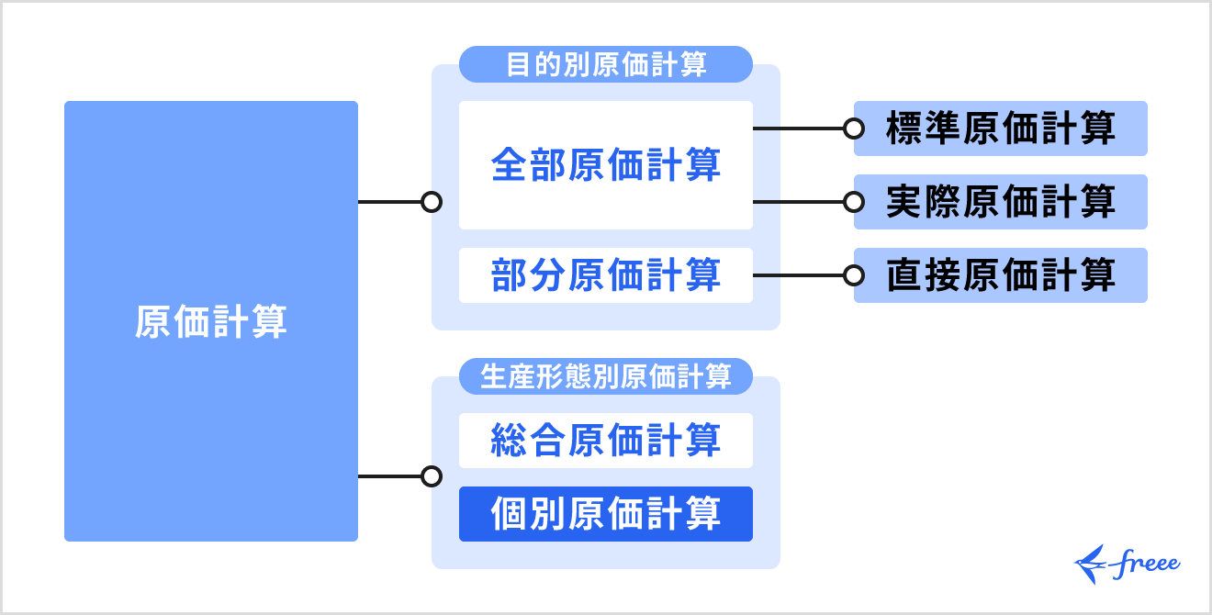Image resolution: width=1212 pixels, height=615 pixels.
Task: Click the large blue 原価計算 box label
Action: pyautogui.click(x=211, y=322)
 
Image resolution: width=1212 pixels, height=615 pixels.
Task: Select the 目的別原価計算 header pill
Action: pyautogui.click(x=606, y=65)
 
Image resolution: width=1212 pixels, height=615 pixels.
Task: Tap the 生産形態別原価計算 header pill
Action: pyautogui.click(x=606, y=376)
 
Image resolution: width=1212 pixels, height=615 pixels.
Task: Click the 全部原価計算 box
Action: pyautogui.click(x=606, y=165)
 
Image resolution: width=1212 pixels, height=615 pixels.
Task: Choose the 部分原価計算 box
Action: pyautogui.click(x=606, y=275)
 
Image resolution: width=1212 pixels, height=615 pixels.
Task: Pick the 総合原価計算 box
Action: pyautogui.click(x=606, y=441)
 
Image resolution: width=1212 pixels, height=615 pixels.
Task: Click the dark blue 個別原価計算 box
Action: pyautogui.click(x=606, y=514)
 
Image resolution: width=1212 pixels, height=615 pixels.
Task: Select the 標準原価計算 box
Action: pyautogui.click(x=1001, y=129)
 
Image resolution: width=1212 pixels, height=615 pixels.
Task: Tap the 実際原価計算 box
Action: pyautogui.click(x=1001, y=202)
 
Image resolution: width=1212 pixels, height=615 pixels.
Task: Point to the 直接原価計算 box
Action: pyautogui.click(x=1001, y=275)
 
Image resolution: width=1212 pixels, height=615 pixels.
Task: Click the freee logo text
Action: pyautogui.click(x=1147, y=563)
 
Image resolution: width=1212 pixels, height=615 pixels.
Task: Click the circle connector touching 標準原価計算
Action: pyautogui.click(x=854, y=129)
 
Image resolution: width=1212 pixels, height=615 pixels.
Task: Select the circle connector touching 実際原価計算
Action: pyautogui.click(x=854, y=202)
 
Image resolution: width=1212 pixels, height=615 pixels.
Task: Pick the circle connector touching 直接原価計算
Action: pyautogui.click(x=854, y=275)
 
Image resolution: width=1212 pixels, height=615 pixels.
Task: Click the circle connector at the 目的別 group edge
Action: pyautogui.click(x=432, y=202)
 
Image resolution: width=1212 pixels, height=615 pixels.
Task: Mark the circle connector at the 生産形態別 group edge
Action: pyautogui.click(x=432, y=476)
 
